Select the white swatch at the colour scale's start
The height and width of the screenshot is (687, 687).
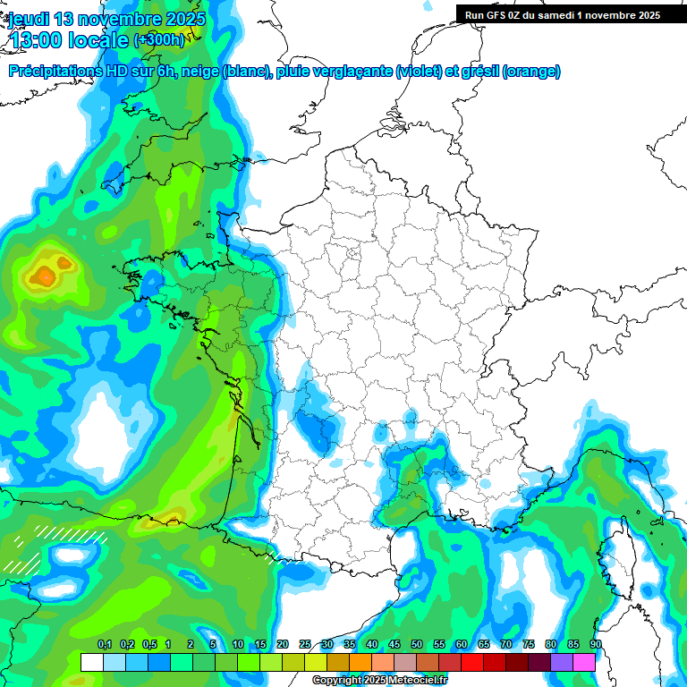[x=91, y=662]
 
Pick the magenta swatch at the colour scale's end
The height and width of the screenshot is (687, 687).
[x=584, y=662]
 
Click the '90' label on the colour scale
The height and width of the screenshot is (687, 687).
[x=595, y=645]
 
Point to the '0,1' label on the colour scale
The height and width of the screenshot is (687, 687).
[x=104, y=645]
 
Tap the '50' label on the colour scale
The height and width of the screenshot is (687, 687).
[x=417, y=645]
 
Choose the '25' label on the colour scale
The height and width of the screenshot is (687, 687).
[x=305, y=645]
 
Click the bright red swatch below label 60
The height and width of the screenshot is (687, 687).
[x=472, y=662]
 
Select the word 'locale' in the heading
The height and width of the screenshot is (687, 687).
[x=101, y=40]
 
